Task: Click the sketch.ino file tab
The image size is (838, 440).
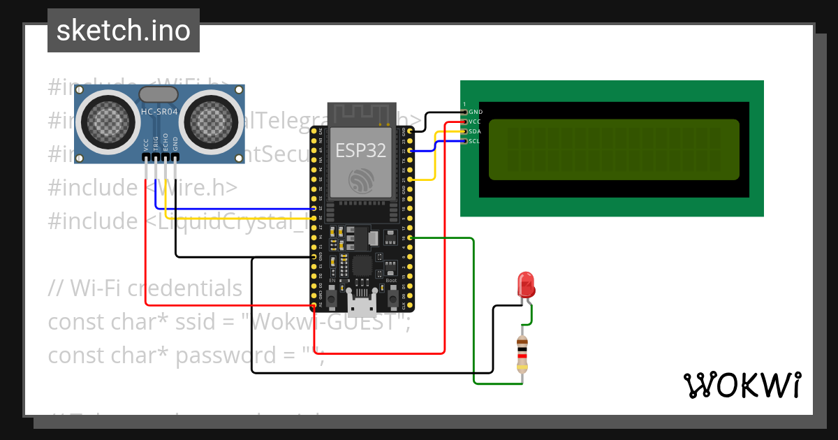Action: pos(124,31)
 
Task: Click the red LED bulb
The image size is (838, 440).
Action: pos(525,284)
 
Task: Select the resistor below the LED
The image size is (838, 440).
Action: pos(522,354)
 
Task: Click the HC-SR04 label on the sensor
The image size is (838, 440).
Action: pos(159,112)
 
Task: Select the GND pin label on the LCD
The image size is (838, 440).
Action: pos(476,112)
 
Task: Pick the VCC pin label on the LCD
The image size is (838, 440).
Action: pos(476,122)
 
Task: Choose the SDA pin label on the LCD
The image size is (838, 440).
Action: pos(476,131)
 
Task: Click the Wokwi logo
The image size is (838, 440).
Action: pos(742,384)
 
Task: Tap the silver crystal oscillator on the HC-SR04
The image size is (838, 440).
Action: pos(159,94)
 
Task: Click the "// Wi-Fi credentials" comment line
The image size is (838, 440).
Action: pos(145,288)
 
